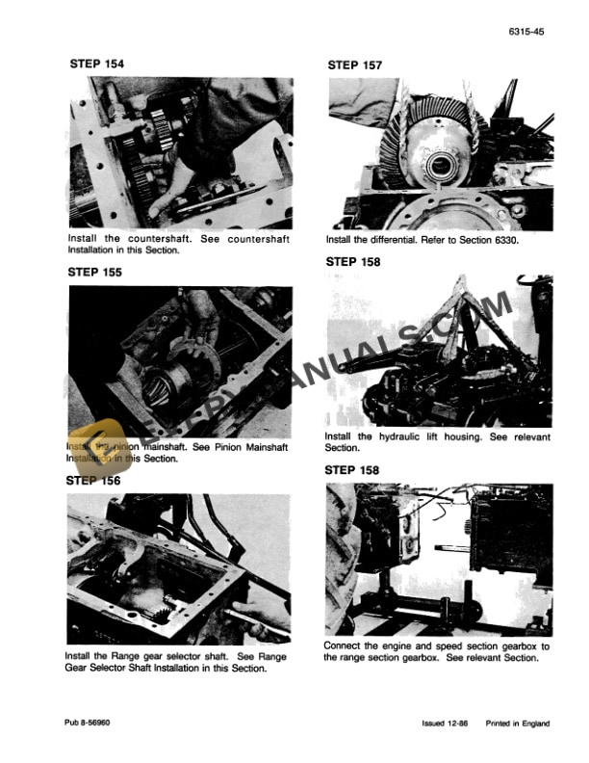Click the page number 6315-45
tap(525, 32)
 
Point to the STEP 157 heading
tap(354, 66)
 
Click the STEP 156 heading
tap(93, 480)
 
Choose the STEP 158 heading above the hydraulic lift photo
tap(353, 261)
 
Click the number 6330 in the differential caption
tap(503, 240)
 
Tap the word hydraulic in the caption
tap(394, 436)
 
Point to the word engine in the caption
tap(407, 645)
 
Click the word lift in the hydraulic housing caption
tap(431, 436)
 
